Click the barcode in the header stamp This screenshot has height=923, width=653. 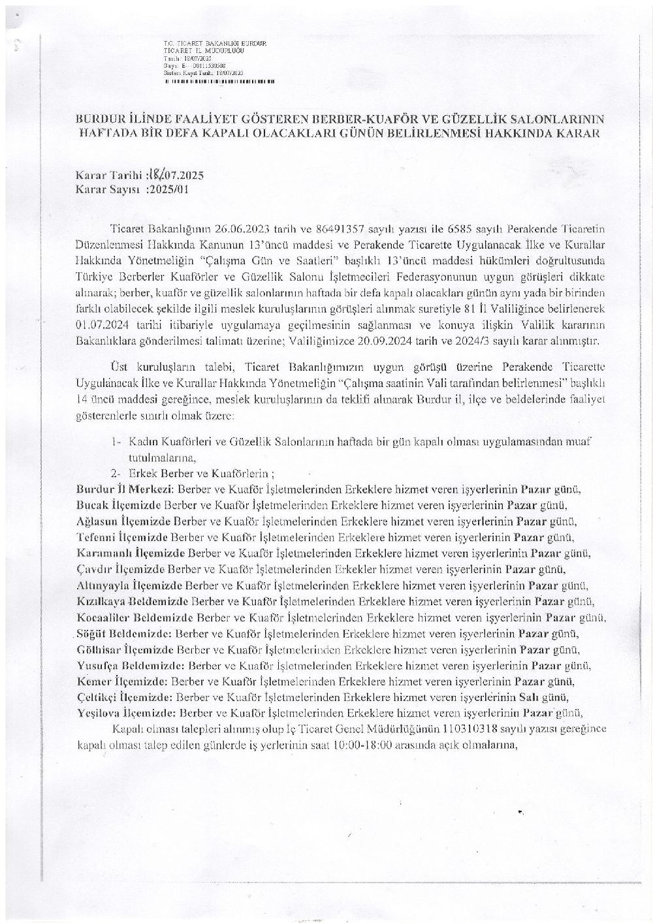click(219, 82)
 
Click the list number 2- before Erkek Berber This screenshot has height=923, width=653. click(116, 473)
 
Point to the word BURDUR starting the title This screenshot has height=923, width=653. click(101, 119)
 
